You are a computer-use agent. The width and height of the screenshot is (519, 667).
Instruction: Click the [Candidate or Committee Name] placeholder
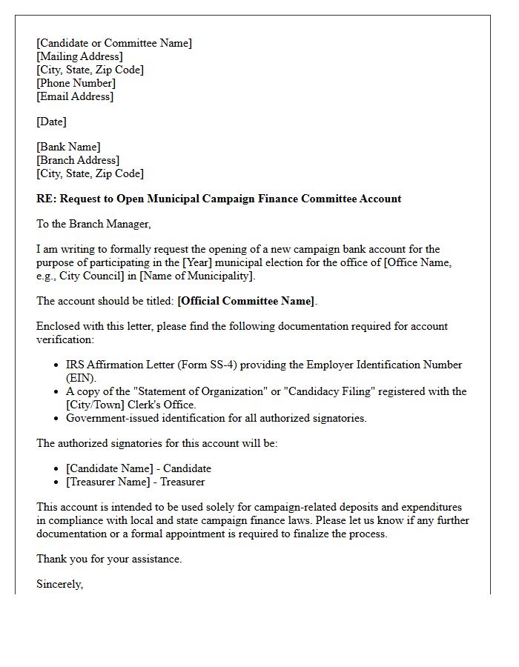click(x=114, y=43)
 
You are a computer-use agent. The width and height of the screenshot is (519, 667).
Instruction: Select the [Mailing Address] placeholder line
click(x=80, y=56)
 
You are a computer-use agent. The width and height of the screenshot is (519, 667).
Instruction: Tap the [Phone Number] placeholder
click(x=76, y=83)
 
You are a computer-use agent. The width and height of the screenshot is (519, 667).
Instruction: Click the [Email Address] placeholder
click(x=75, y=96)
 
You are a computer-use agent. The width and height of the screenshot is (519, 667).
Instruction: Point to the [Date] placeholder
click(x=51, y=122)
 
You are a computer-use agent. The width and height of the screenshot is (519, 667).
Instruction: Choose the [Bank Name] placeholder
click(x=68, y=147)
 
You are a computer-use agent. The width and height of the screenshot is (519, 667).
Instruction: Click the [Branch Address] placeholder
click(x=78, y=160)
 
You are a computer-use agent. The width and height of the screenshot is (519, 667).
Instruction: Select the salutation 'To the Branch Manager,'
click(x=93, y=224)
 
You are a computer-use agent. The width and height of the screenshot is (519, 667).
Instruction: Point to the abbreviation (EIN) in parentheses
click(x=82, y=378)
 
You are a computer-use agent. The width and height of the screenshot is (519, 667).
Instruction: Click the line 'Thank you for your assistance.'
click(x=109, y=559)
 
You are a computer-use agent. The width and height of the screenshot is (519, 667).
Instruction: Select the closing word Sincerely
click(x=59, y=584)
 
